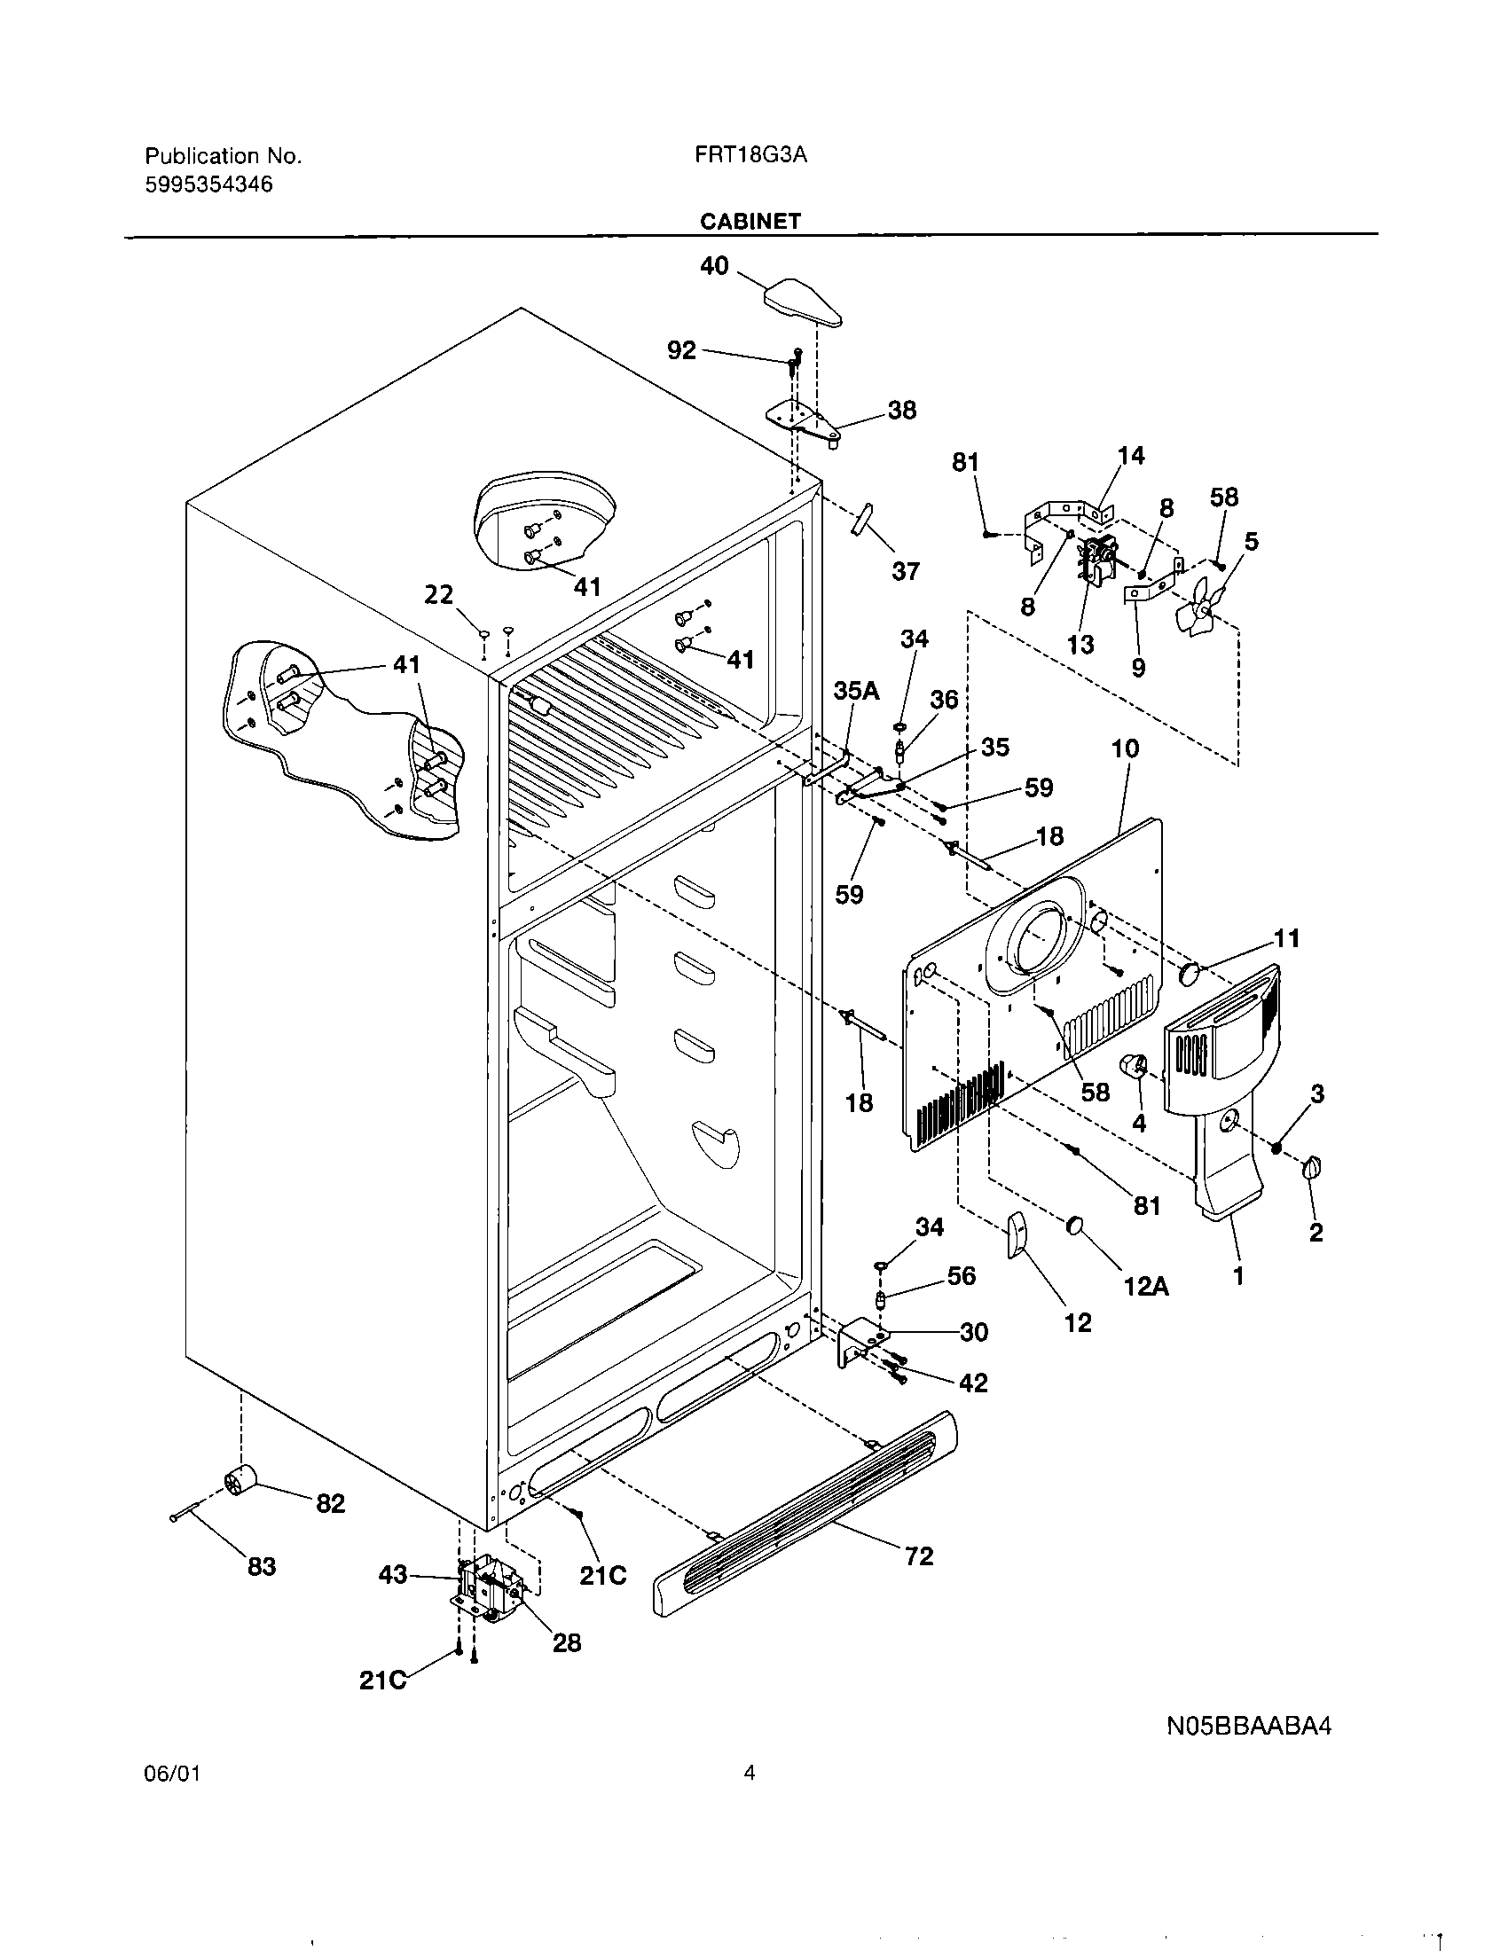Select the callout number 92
point(680,350)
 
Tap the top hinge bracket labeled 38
point(802,419)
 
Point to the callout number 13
point(1080,644)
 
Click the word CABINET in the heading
point(750,222)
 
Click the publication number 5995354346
point(209,185)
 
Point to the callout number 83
point(261,1567)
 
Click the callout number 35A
point(856,691)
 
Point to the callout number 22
point(437,594)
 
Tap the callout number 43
point(392,1599)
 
